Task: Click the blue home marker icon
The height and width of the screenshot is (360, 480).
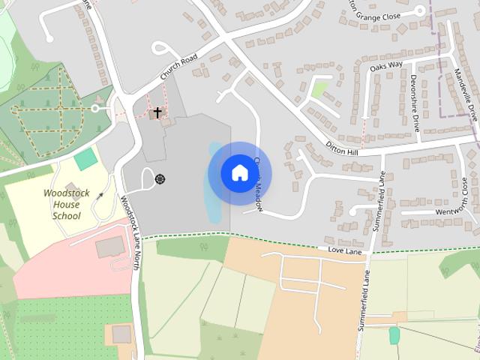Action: [239, 173]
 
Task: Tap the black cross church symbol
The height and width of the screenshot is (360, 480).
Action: [157, 112]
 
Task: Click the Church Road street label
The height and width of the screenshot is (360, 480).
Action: [178, 67]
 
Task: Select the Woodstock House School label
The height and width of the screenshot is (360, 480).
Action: [66, 204]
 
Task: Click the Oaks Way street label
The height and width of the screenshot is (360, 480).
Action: [386, 66]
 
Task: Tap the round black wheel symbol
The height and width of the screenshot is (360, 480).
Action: [160, 178]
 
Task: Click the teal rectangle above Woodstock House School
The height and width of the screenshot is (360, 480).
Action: [86, 158]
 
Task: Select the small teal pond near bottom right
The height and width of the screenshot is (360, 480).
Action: [394, 335]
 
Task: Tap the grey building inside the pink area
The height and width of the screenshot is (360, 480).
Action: [111, 247]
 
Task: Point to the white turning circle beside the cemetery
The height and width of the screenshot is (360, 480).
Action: [95, 108]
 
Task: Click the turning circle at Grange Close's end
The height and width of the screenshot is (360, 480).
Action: [420, 10]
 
